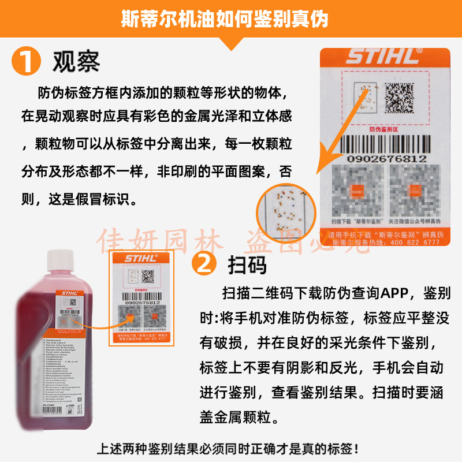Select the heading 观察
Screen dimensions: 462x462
[x=76, y=61]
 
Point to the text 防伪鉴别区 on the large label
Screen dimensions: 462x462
[x=383, y=129]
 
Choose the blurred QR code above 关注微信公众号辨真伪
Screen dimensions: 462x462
[x=414, y=190]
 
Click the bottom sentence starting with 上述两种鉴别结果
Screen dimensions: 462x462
[x=230, y=448]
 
